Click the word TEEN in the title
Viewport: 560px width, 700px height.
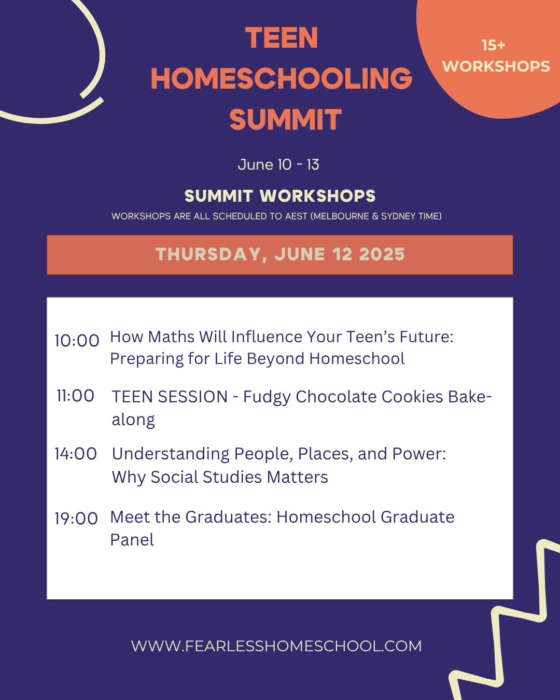(282, 38)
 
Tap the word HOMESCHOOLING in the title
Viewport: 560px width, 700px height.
(282, 78)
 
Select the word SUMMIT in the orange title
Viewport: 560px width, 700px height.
(285, 119)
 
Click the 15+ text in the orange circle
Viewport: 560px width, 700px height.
(493, 45)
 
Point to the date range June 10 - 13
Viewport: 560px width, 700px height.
(278, 164)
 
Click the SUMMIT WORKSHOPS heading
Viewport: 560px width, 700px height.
(280, 196)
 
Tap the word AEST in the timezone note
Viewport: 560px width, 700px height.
(296, 216)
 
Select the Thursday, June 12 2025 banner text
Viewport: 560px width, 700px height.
(280, 254)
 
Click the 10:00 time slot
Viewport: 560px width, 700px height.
(77, 341)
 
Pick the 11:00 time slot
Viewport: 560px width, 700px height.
(76, 396)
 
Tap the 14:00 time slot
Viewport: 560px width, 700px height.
(76, 454)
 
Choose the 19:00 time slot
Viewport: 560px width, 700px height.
(76, 519)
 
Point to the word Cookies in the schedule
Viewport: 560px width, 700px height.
(412, 397)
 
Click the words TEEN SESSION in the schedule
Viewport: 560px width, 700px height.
(170, 397)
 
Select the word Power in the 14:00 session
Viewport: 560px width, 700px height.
(419, 454)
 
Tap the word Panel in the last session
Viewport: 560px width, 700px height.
(132, 540)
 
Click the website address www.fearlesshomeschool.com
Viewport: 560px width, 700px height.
(276, 646)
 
